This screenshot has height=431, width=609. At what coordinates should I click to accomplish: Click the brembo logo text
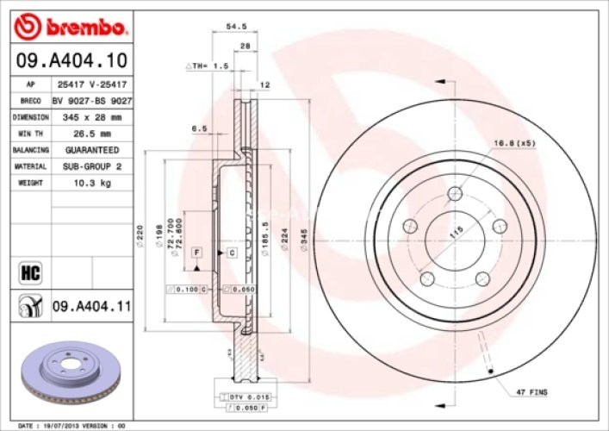(82, 28)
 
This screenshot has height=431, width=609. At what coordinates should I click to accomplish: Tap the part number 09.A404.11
(91, 304)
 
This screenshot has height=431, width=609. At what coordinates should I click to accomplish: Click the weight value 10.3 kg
(92, 183)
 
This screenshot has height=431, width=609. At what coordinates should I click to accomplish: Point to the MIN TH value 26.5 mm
(92, 134)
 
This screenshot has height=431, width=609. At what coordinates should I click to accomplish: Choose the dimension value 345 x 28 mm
(92, 117)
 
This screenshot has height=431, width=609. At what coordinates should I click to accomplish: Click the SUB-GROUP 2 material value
(92, 166)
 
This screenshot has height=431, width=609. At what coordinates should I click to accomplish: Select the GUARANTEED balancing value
(92, 150)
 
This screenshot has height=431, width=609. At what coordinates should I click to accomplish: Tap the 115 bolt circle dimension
(456, 230)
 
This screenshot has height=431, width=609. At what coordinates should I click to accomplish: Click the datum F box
(196, 251)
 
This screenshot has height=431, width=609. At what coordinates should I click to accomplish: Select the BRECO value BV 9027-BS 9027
(92, 101)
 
